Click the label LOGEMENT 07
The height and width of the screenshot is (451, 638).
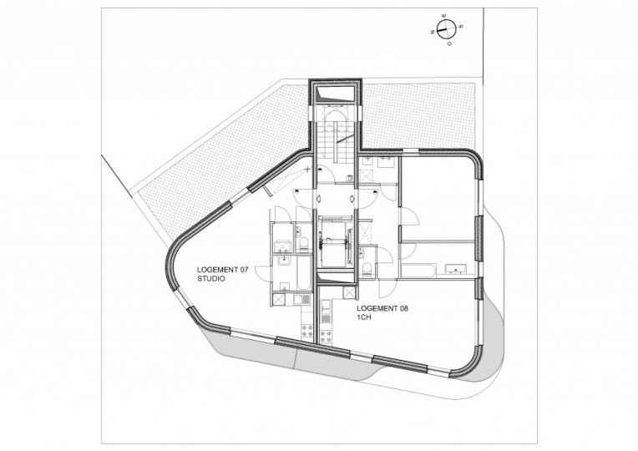(x=223, y=270)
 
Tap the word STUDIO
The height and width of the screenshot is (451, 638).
(x=210, y=279)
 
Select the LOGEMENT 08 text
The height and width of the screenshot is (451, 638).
(x=382, y=309)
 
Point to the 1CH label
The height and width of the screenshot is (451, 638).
(x=364, y=318)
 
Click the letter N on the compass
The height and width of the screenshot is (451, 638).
(x=432, y=32)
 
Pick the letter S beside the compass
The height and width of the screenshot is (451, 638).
(x=460, y=27)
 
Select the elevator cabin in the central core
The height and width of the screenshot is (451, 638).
(x=336, y=242)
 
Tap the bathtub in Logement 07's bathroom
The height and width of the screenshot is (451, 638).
(x=303, y=274)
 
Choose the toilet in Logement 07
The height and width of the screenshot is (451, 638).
(x=303, y=244)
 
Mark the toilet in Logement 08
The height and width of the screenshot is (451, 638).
(x=367, y=270)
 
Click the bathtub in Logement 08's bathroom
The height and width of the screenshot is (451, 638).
(x=419, y=271)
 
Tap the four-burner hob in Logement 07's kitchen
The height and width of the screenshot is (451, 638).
(x=306, y=330)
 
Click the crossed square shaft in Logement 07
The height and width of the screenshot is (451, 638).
(x=279, y=299)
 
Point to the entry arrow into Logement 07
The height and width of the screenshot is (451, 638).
(x=319, y=198)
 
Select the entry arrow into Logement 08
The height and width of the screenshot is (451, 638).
(x=352, y=198)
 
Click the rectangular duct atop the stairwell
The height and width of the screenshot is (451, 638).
(x=336, y=94)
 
